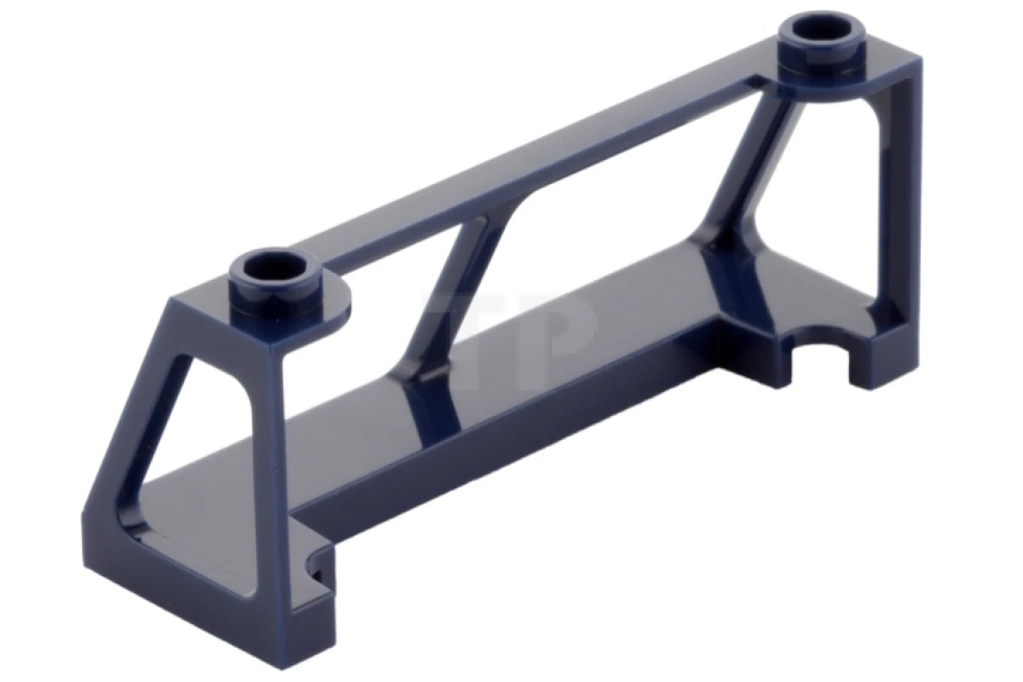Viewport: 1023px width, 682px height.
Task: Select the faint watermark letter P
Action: (x=554, y=328)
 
